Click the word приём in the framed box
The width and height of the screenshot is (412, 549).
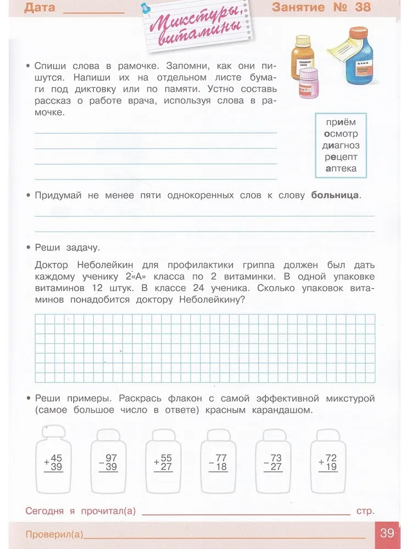pyautogui.click(x=341, y=122)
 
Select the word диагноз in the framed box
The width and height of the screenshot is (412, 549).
pyautogui.click(x=341, y=145)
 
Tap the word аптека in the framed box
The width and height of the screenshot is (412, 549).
pyautogui.click(x=341, y=169)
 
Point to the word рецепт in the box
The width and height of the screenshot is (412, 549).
pyautogui.click(x=341, y=157)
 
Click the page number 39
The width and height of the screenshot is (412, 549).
pyautogui.click(x=387, y=533)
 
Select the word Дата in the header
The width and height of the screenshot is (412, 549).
pyautogui.click(x=40, y=7)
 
